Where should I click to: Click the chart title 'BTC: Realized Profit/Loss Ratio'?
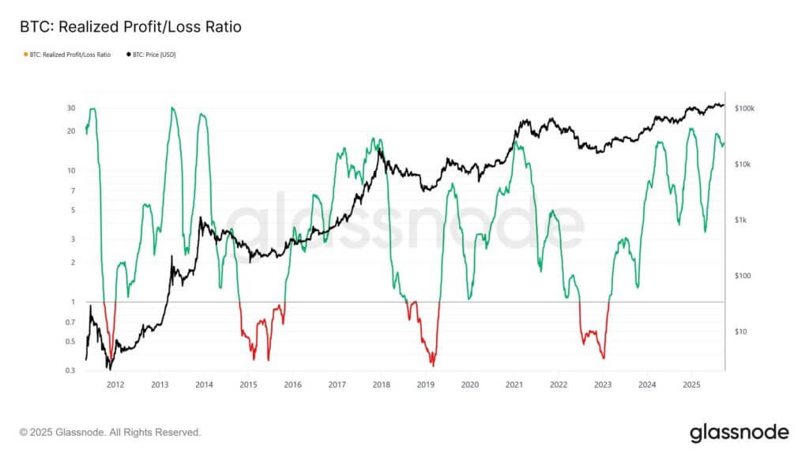pyautogui.click(x=130, y=27)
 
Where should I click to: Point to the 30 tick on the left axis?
pyautogui.click(x=71, y=108)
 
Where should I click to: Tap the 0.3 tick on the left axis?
pyautogui.click(x=70, y=370)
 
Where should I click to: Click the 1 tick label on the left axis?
pyautogui.click(x=73, y=301)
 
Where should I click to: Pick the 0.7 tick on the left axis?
pyautogui.click(x=70, y=322)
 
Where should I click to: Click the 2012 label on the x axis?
pyautogui.click(x=115, y=384)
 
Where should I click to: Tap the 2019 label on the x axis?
pyautogui.click(x=425, y=384)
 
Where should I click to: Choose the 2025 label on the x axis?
pyautogui.click(x=690, y=384)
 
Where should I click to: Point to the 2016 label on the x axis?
pyautogui.click(x=292, y=384)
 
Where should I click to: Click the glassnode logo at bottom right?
pyautogui.click(x=739, y=433)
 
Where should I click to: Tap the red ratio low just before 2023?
pyautogui.click(x=604, y=358)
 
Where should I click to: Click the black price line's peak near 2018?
pyautogui.click(x=381, y=149)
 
